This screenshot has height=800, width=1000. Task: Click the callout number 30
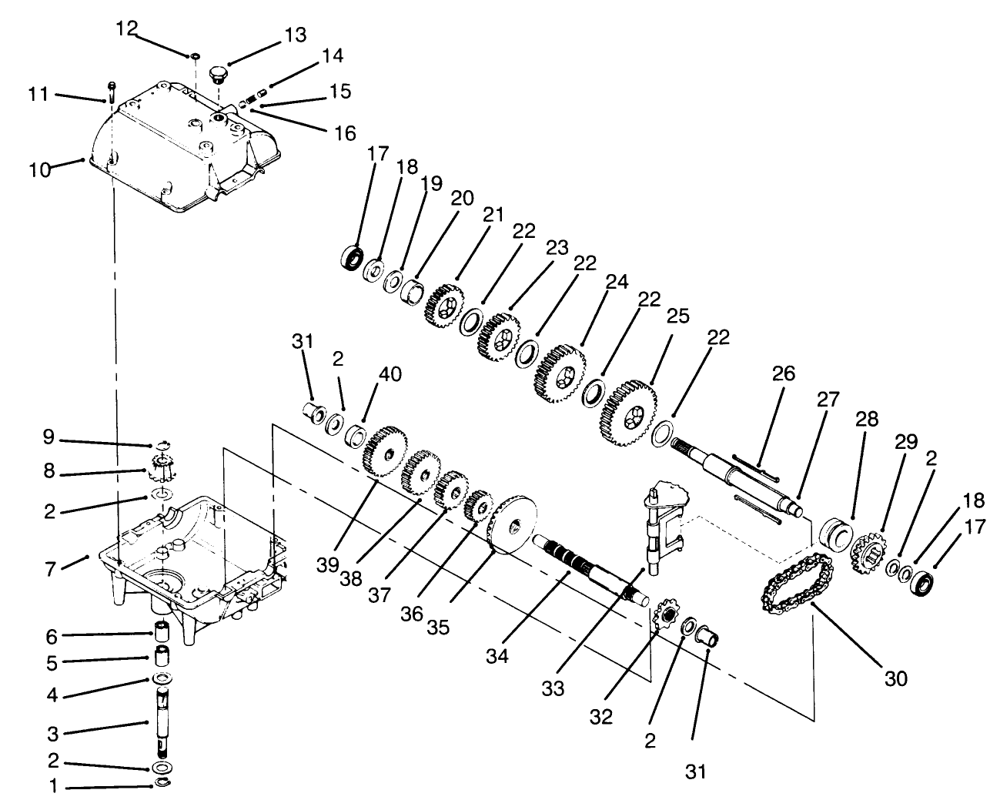[896, 678]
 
